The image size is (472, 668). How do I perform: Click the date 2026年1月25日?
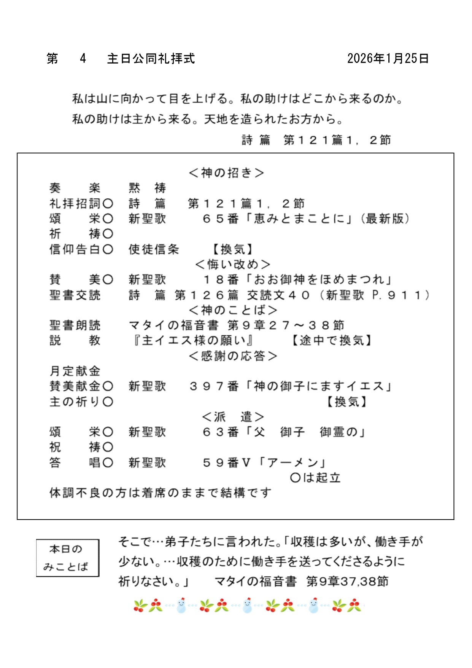coord(388,58)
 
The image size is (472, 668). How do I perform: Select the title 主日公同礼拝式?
coord(151,59)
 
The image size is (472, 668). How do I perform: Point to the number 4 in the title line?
coord(83,59)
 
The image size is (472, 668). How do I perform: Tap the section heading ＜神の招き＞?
coord(226,173)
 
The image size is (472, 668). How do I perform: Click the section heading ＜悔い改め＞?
coord(232,264)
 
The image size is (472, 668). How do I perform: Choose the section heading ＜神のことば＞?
coord(233,310)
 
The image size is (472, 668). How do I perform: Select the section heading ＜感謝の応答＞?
coord(233,356)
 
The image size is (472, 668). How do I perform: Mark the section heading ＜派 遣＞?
coord(233,417)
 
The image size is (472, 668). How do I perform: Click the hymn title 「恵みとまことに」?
coord(300,219)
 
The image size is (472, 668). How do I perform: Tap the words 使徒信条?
coord(154,249)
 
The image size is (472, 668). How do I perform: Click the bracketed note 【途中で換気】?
coord(331,340)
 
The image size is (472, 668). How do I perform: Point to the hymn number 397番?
coord(214,386)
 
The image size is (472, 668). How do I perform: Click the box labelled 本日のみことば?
coord(67,558)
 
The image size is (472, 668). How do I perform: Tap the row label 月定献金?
coord(75,371)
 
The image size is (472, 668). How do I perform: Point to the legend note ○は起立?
coord(315,478)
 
